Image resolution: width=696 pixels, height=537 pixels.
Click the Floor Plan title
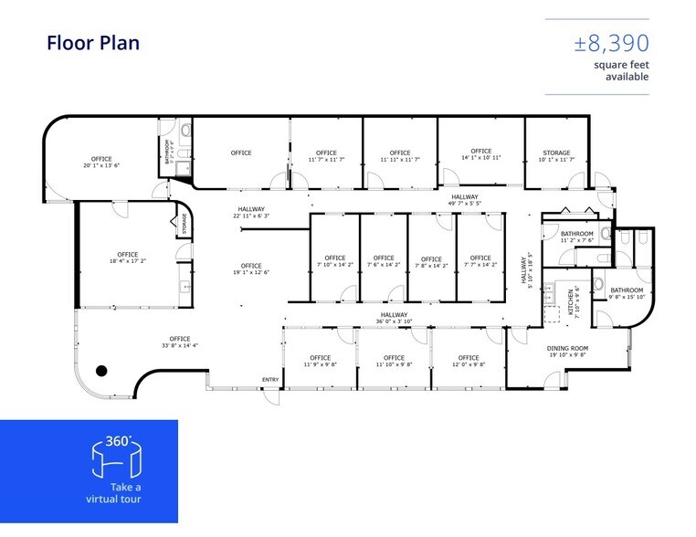click(92, 43)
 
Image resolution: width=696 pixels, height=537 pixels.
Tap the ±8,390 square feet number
click(612, 43)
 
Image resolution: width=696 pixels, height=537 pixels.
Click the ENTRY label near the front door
click(270, 380)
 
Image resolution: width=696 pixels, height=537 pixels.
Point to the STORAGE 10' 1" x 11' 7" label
click(556, 156)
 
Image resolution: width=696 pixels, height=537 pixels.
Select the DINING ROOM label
click(567, 352)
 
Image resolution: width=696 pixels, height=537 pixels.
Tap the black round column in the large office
click(102, 370)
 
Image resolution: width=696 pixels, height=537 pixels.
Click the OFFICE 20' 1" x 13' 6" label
click(101, 162)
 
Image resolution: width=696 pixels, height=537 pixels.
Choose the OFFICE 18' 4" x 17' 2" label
click(127, 258)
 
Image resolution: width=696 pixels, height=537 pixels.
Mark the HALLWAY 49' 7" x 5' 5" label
click(464, 201)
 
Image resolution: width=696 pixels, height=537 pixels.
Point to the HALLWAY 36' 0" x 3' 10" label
click(394, 318)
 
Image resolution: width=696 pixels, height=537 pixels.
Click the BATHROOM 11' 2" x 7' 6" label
click(576, 237)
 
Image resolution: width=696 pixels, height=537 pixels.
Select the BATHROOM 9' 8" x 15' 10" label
click(627, 293)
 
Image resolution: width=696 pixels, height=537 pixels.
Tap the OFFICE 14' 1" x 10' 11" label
click(481, 154)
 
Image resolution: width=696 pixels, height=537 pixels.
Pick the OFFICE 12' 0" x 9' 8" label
click(468, 361)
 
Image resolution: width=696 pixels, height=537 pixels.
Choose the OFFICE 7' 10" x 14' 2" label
click(334, 261)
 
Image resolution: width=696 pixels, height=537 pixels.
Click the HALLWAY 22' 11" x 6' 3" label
click(250, 212)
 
